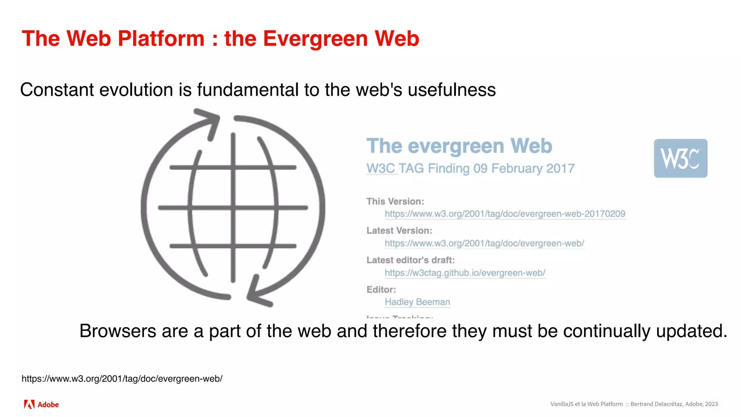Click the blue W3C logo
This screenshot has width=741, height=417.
point(680,158)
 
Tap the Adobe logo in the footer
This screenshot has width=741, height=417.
point(41,404)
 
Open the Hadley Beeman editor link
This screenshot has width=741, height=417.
point(417,302)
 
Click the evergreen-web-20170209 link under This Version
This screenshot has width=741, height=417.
point(505,214)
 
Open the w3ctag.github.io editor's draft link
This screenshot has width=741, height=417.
point(465,273)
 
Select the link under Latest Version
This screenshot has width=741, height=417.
point(484,243)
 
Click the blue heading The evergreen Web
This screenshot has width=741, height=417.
point(459,146)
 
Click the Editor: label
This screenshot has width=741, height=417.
point(381,290)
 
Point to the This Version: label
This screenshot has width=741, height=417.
point(395,201)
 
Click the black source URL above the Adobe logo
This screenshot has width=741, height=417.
point(122,379)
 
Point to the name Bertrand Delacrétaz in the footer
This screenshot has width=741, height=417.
point(656,404)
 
